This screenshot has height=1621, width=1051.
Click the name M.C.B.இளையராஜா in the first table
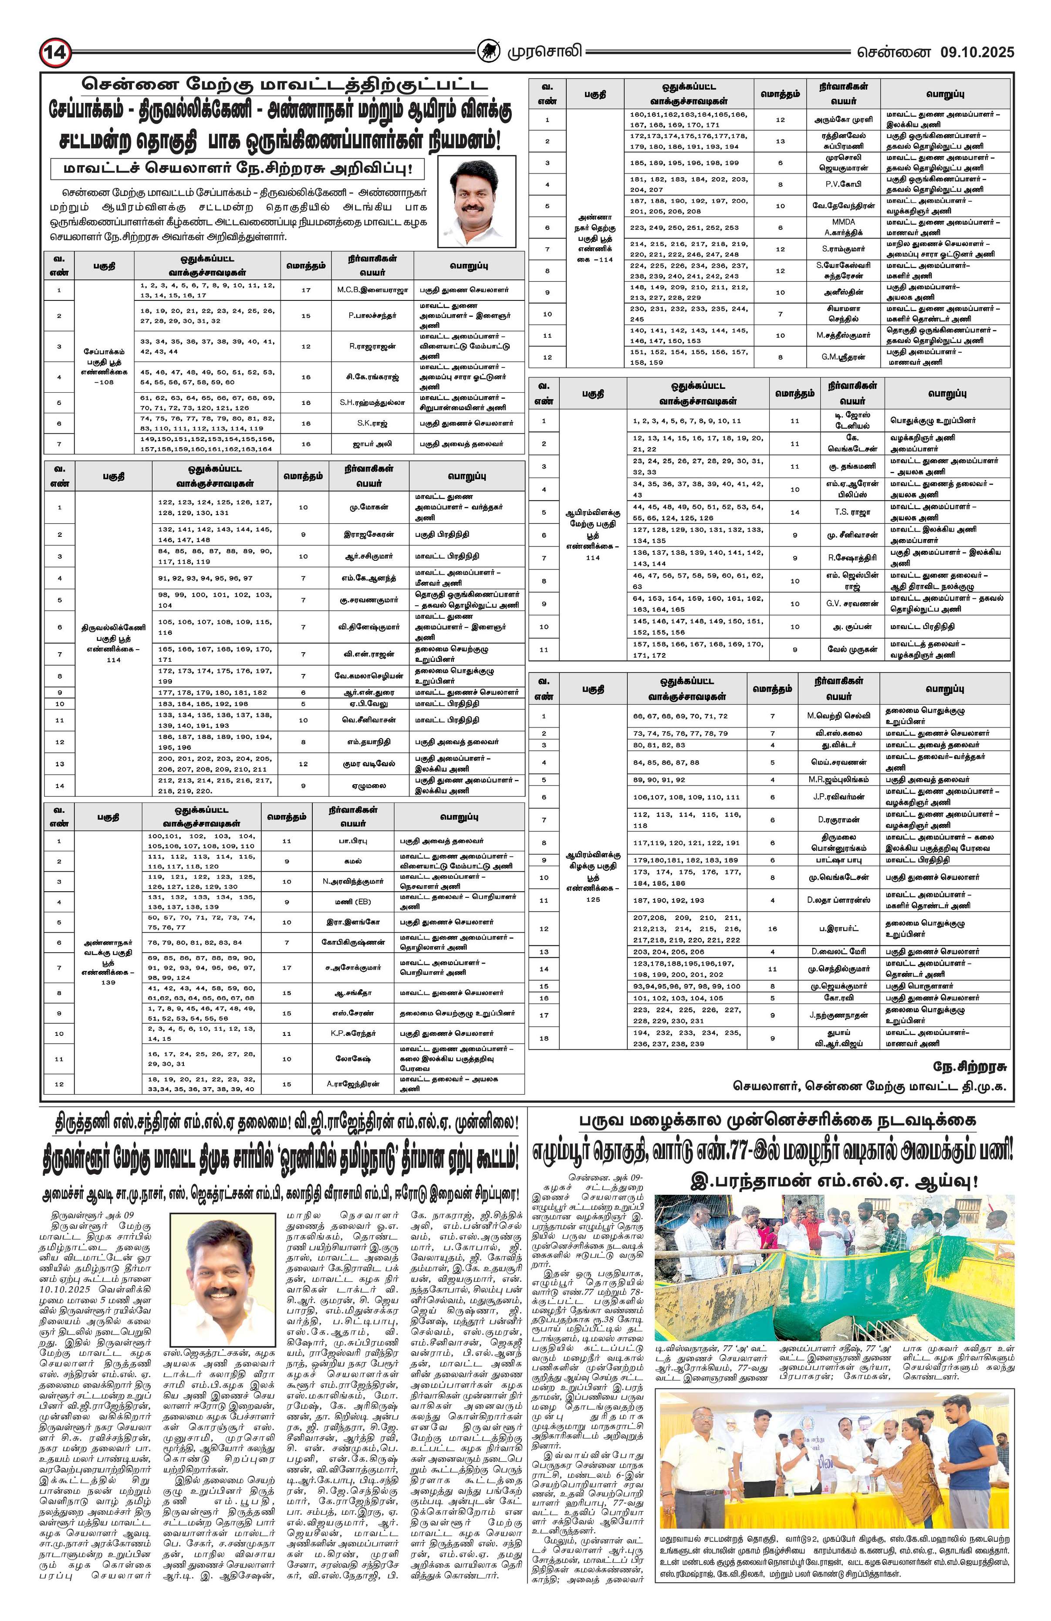(x=372, y=290)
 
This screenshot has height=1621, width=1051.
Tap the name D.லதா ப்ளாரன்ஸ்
(x=839, y=900)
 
